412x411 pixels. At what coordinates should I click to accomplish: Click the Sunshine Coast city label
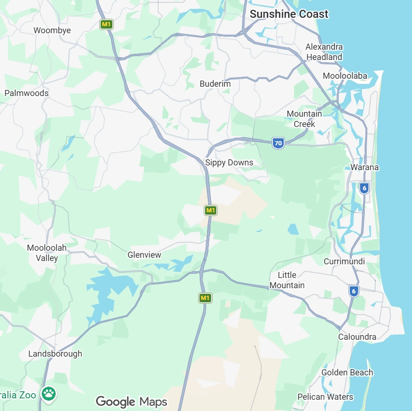289,14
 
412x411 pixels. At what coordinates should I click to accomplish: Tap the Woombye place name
52,30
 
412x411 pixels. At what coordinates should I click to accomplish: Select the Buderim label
215,84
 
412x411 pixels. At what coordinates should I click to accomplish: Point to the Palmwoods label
26,93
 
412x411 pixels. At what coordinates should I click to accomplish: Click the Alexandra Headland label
324,52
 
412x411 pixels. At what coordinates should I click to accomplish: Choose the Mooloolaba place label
345,76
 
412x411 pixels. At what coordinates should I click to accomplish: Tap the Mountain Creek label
304,119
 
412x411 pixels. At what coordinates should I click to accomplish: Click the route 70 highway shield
278,143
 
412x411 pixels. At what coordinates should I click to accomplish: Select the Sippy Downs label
229,163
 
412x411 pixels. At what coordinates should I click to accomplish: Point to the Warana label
364,167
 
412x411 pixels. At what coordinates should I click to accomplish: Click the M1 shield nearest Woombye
106,24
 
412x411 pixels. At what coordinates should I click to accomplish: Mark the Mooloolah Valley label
47,253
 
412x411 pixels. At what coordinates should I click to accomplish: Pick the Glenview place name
144,255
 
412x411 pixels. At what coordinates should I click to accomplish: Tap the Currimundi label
344,262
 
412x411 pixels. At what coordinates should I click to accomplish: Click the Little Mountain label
287,280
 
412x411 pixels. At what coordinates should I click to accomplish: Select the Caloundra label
357,337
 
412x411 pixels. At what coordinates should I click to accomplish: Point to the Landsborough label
55,354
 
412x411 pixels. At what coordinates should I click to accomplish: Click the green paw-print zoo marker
49,393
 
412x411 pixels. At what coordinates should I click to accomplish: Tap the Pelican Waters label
325,397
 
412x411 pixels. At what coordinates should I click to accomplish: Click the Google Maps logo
131,402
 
